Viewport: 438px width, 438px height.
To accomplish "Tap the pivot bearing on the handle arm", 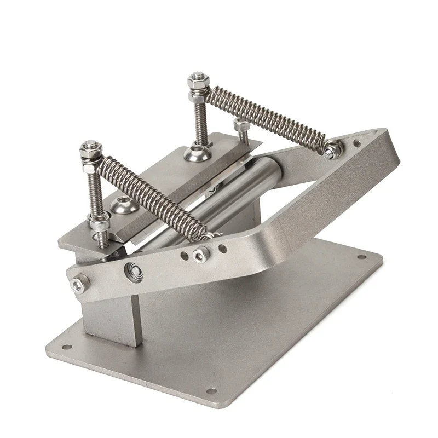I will coord(134,272).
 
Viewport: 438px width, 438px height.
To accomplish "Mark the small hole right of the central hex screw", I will coord(222,249).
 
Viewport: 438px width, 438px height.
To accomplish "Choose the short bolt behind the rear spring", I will coord(241,126).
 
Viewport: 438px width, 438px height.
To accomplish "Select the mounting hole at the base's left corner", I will coord(67,347).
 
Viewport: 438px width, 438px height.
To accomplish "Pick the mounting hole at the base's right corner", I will coord(361,257).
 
